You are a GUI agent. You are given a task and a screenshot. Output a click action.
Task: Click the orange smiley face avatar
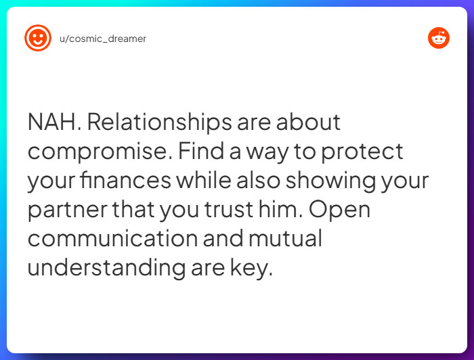[38, 38]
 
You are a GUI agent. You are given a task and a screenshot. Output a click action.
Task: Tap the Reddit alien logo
[439, 38]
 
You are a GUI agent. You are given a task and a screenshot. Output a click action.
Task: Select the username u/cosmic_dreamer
[103, 39]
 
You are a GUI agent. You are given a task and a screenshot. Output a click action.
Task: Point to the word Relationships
[160, 122]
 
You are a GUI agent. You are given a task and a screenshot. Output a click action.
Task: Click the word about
[308, 122]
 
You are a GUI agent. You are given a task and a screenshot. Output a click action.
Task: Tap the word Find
[201, 151]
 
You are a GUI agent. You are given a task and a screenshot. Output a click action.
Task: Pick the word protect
[362, 152]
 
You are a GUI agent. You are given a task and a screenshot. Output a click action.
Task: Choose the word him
[280, 209]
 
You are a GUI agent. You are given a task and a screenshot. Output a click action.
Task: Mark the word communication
[113, 238]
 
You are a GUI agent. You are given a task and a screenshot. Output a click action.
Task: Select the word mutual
[285, 238]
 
